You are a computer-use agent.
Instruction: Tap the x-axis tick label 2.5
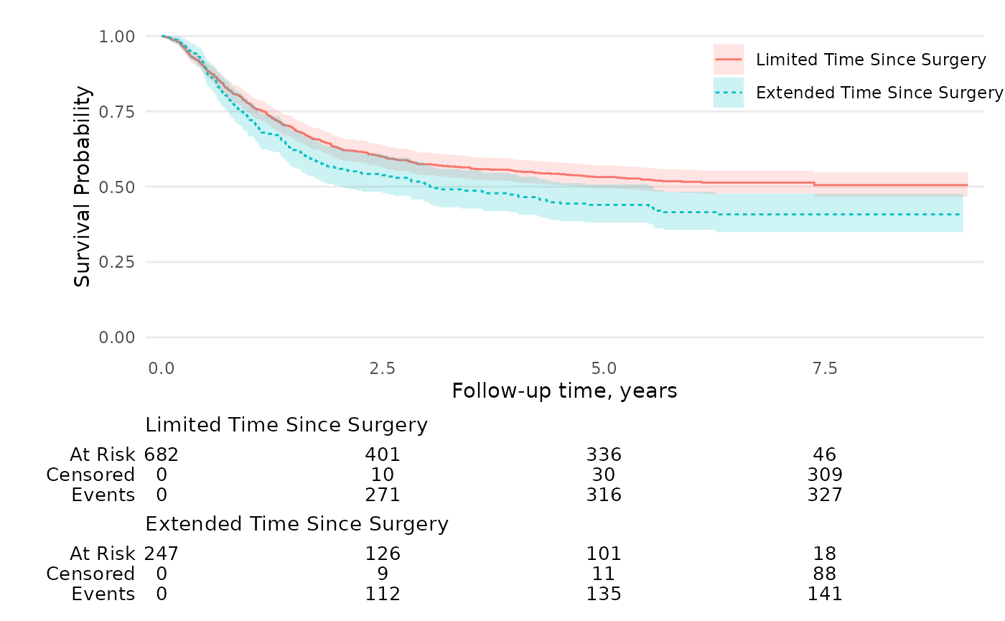[x=382, y=369]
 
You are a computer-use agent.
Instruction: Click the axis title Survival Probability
[x=83, y=187]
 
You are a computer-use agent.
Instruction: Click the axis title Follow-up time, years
[x=564, y=391]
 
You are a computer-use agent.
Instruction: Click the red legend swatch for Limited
[x=728, y=60]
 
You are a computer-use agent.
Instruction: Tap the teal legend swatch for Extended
[x=728, y=93]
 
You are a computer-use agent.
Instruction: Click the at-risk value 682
[x=162, y=454]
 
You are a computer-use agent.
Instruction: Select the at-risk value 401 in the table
[x=382, y=454]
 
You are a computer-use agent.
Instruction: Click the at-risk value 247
[x=162, y=554]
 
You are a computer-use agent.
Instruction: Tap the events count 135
[x=603, y=594]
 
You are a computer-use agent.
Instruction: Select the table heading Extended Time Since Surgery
[x=296, y=524]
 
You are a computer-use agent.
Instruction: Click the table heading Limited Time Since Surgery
[x=286, y=425]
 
